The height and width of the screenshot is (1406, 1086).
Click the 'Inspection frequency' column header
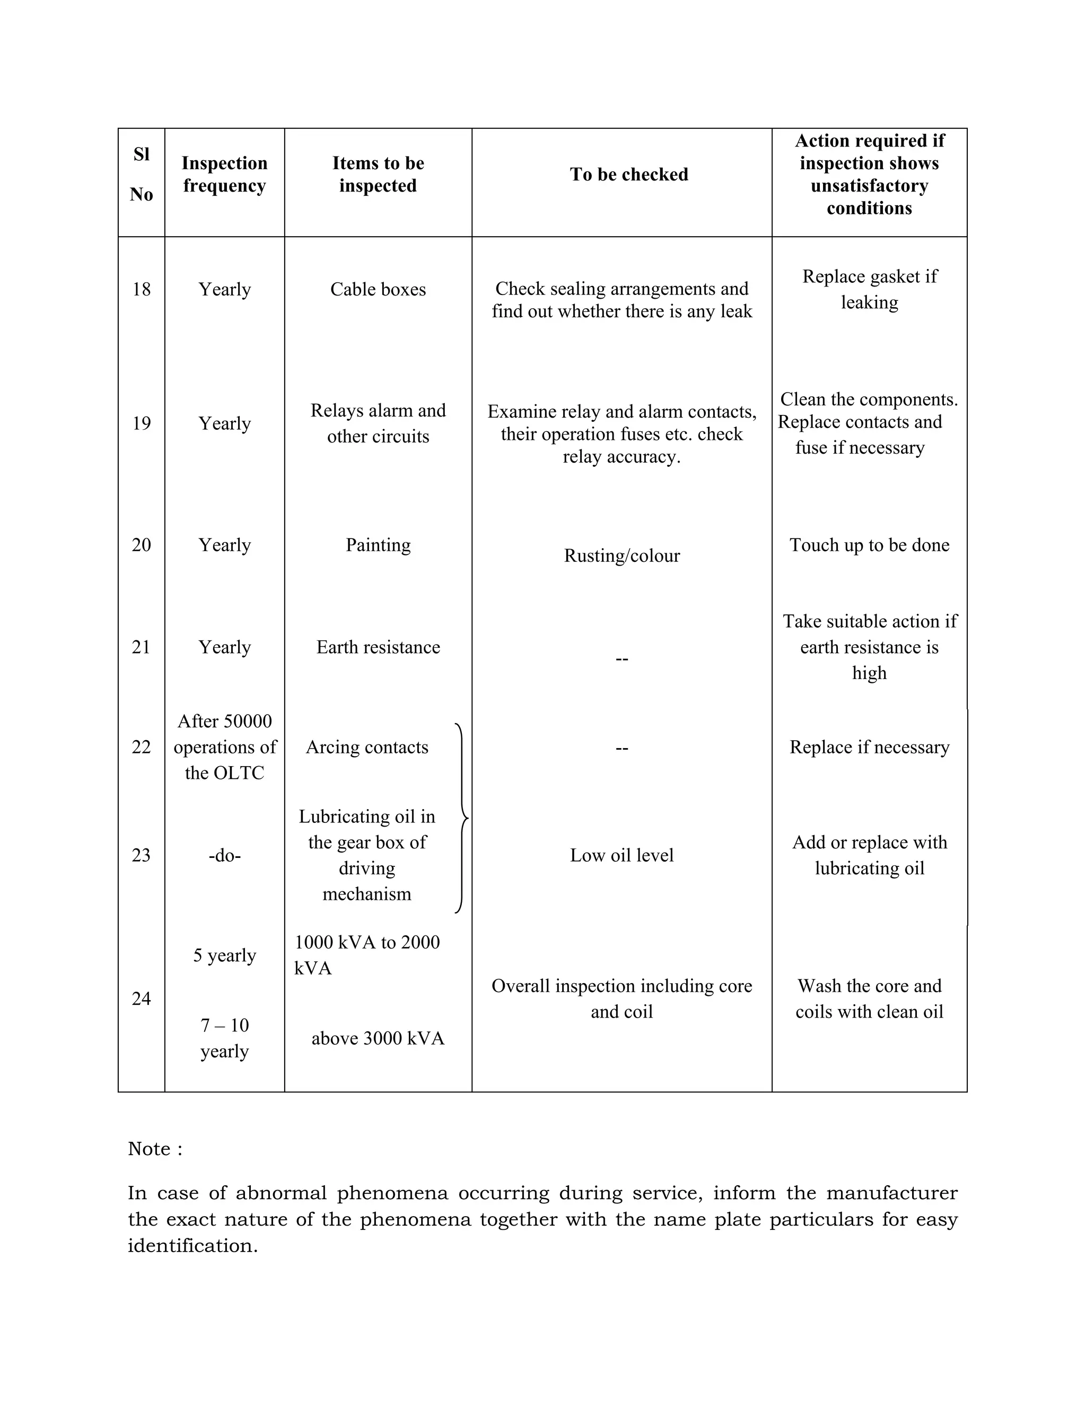(224, 175)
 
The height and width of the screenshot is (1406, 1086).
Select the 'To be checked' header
(628, 175)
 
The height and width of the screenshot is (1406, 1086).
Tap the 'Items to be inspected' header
(378, 175)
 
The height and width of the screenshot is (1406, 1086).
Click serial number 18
(141, 290)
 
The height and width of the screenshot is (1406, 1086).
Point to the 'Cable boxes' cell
(378, 290)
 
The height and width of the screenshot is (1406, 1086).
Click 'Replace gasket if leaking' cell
(869, 290)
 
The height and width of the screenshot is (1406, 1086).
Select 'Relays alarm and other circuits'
(378, 423)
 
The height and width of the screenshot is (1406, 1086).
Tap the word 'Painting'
(378, 545)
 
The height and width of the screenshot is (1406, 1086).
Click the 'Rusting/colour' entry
(621, 556)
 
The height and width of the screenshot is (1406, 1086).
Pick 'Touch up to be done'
(869, 545)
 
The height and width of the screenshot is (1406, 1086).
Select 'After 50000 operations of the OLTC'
(224, 748)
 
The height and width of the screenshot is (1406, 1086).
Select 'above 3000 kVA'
(378, 1038)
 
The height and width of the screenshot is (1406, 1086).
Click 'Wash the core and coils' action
(869, 999)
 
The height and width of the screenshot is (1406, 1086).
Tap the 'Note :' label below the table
(155, 1149)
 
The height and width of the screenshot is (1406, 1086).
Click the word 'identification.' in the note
(192, 1246)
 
